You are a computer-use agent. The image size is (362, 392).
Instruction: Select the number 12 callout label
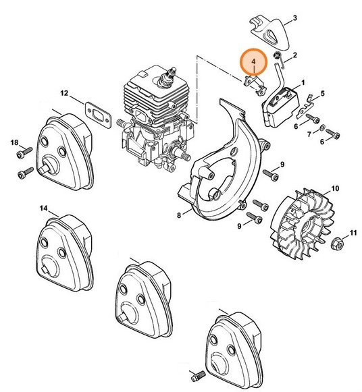click(83, 93)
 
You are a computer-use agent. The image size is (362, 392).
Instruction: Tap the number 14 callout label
click(43, 208)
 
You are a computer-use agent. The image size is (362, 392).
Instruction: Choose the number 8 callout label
click(180, 215)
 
